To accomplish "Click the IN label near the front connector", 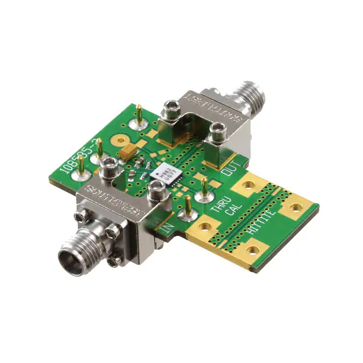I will [167, 229].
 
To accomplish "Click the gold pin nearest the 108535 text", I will [81, 164].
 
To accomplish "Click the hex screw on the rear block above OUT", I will [216, 134].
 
